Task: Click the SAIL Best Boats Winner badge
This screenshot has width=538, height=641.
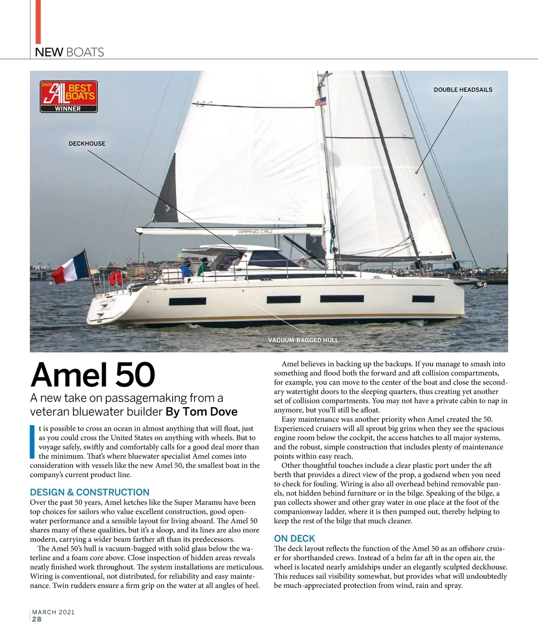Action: coord(68,96)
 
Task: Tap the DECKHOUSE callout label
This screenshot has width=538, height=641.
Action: coord(87,143)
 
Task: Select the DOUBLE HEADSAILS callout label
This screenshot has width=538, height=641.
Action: coord(463,90)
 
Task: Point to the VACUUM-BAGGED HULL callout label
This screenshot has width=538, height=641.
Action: coord(303,340)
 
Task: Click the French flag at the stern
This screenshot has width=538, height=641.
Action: coord(69,268)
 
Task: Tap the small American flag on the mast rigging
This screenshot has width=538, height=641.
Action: coord(321,102)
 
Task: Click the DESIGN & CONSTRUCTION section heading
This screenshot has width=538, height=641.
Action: coord(90,492)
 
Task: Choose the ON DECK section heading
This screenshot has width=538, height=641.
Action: coord(294,538)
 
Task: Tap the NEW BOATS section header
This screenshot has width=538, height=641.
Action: coord(69,52)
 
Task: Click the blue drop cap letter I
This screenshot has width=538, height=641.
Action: coord(32,441)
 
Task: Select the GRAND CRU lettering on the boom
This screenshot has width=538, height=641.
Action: coord(255,232)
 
